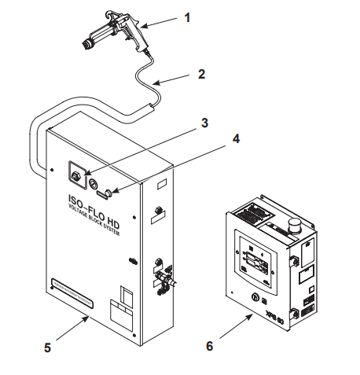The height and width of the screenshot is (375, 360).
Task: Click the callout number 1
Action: pyautogui.click(x=186, y=17)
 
